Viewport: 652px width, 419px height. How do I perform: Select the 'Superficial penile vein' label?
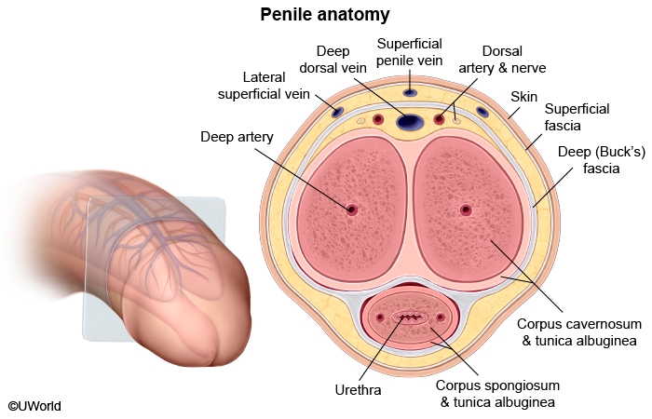[x=409, y=52]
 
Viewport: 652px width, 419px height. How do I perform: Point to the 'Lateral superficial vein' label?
[x=264, y=85]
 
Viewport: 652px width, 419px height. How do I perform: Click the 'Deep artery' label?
[x=237, y=137]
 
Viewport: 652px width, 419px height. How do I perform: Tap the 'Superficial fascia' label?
[x=577, y=116]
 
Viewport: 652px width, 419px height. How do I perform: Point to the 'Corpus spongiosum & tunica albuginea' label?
[x=496, y=394]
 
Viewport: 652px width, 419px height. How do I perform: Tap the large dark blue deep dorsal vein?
[x=410, y=120]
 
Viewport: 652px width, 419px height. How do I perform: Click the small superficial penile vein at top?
[x=410, y=93]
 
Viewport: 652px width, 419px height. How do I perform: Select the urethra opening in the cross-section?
[x=410, y=318]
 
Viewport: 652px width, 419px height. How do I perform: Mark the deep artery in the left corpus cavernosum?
[x=352, y=210]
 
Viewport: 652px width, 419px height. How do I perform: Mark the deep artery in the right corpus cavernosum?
[x=466, y=210]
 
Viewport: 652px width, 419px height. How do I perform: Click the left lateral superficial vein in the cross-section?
[x=337, y=113]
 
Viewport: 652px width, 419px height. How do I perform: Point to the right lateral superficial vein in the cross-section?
[x=482, y=113]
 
